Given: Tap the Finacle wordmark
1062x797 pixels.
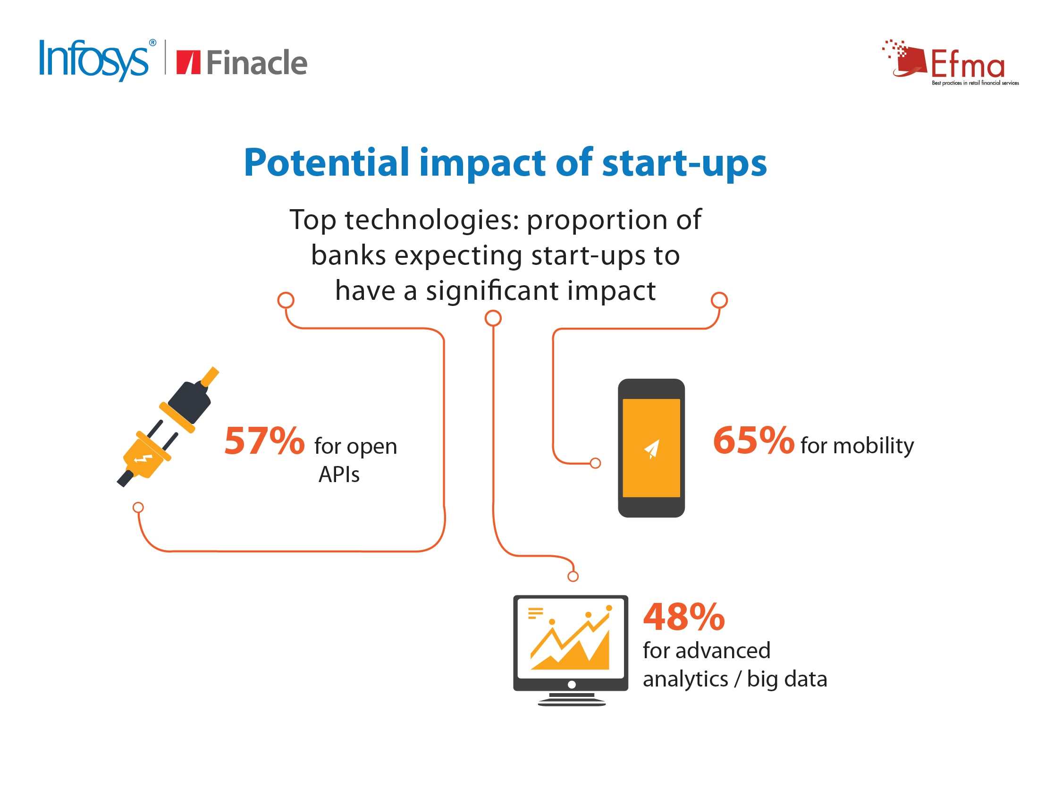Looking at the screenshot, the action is click(x=257, y=63).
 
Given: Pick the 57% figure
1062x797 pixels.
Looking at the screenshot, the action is click(x=264, y=441).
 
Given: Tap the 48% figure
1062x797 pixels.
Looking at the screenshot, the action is click(x=683, y=617).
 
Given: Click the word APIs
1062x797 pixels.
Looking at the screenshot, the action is click(x=339, y=475).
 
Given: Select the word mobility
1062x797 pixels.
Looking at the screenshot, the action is click(x=873, y=446).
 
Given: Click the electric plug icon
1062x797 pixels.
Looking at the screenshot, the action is click(x=168, y=427).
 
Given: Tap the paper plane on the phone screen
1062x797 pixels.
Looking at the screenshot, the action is click(x=651, y=449).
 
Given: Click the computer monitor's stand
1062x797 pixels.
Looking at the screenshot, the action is click(x=571, y=699).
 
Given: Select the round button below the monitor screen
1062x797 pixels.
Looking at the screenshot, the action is click(x=571, y=685).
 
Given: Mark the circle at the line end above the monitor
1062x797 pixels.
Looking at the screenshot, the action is click(x=573, y=577).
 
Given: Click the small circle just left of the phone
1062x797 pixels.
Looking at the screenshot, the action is click(x=595, y=463).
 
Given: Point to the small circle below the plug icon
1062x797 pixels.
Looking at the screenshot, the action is click(x=138, y=507).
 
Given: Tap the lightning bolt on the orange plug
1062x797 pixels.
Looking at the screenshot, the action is click(x=143, y=459).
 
